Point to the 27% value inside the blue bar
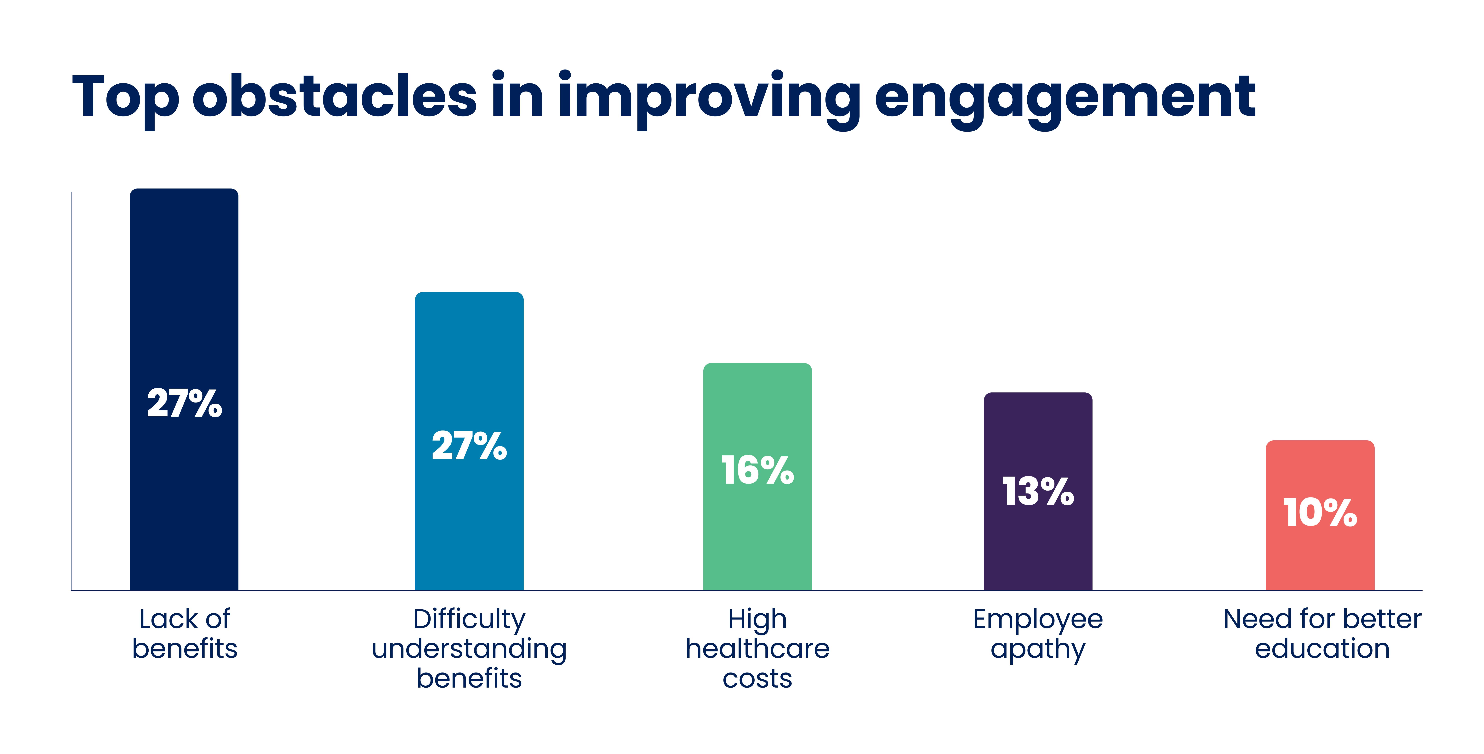coord(469,446)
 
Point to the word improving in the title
coord(709,98)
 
